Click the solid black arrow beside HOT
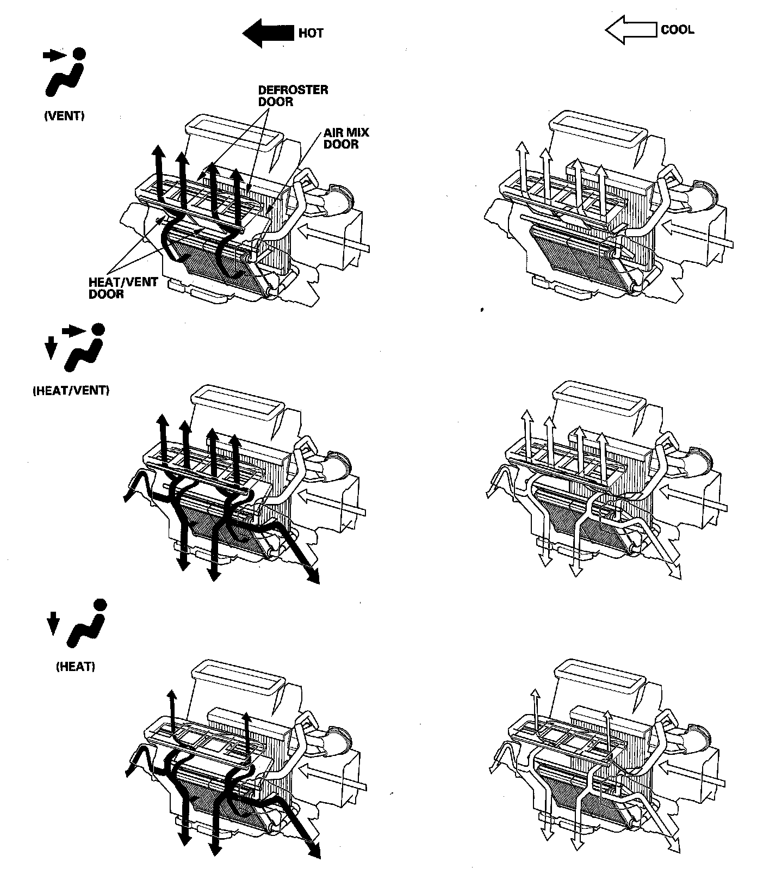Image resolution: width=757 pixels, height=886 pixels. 268,33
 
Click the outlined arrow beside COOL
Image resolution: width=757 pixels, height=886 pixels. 630,30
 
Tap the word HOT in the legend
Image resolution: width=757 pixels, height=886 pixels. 311,33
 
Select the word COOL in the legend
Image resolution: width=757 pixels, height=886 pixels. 677,29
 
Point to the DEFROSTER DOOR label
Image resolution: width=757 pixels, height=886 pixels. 293,96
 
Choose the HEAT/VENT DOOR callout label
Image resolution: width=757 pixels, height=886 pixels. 123,288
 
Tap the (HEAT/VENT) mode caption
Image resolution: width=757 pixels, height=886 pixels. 71,391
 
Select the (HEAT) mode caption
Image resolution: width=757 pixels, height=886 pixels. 76,667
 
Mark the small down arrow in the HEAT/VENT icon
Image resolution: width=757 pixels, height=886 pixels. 51,347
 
